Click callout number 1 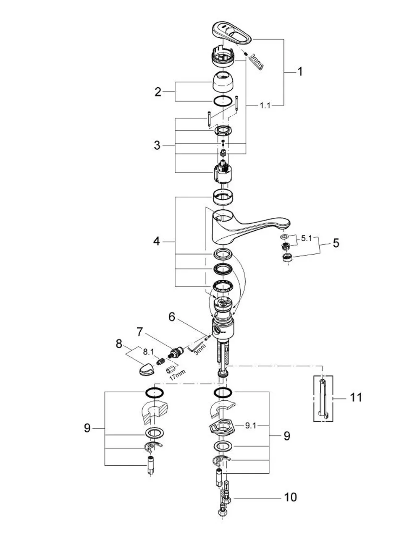click(x=300, y=72)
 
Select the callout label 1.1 click(x=265, y=106)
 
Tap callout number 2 click(x=157, y=92)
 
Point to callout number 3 click(x=157, y=145)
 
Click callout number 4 click(x=156, y=241)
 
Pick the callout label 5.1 click(x=306, y=239)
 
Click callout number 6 click(x=172, y=317)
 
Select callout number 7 click(x=140, y=332)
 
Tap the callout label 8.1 click(x=148, y=352)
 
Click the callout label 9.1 click(x=250, y=426)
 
